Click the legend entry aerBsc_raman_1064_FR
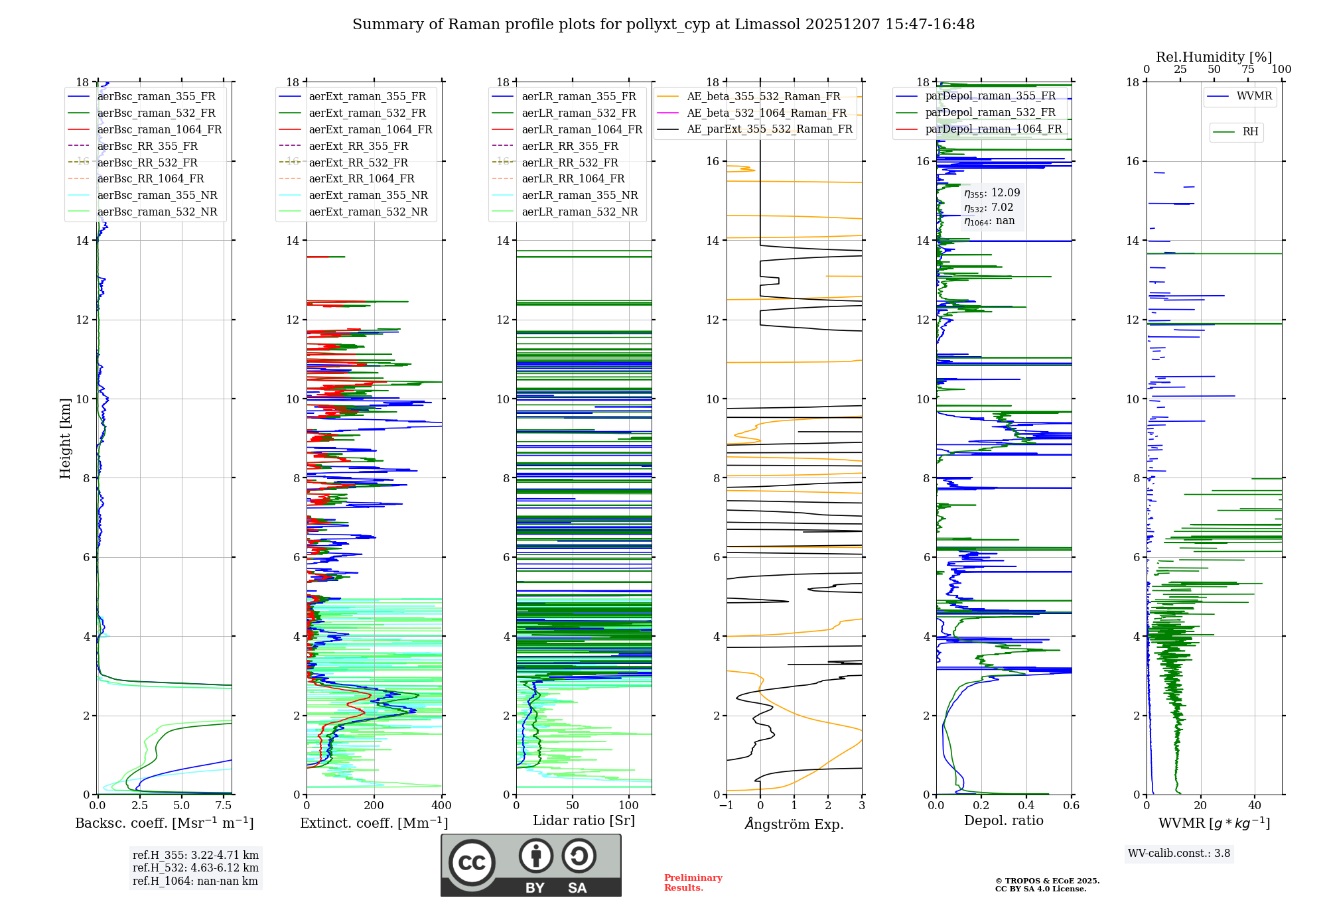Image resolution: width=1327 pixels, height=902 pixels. click(x=159, y=130)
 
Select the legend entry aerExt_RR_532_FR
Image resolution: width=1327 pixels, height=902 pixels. click(x=358, y=162)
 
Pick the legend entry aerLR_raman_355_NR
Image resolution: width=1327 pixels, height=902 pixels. click(x=579, y=195)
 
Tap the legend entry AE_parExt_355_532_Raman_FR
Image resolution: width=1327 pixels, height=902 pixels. click(x=769, y=129)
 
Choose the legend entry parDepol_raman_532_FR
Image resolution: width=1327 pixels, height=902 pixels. click(x=990, y=112)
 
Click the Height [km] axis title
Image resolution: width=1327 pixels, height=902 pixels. click(x=65, y=438)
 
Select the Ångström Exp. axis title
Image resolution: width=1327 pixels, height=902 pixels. click(x=794, y=824)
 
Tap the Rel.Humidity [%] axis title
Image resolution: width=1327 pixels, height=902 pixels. click(x=1214, y=57)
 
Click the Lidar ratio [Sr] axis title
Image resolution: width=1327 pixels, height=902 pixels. click(x=584, y=820)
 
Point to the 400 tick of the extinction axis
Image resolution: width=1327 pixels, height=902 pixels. click(x=442, y=806)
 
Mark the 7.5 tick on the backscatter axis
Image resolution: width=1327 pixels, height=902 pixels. click(x=223, y=806)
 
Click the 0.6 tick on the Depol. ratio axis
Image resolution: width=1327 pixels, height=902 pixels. click(x=1072, y=806)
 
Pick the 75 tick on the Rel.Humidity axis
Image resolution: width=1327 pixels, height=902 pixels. click(x=1248, y=70)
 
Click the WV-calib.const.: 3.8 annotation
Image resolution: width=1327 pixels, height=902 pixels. click(x=1179, y=854)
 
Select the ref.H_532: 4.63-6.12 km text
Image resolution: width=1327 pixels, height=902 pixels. click(x=196, y=868)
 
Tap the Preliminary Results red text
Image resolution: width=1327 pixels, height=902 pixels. click(x=693, y=883)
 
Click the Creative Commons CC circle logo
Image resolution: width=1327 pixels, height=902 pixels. click(x=472, y=863)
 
